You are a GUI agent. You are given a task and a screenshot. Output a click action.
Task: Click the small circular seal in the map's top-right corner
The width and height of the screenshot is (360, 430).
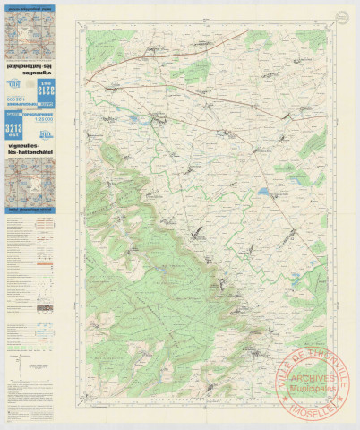pyautogui.click(x=341, y=15)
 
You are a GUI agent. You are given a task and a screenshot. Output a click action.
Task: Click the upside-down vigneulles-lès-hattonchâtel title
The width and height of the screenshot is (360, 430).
pyautogui.click(x=30, y=68)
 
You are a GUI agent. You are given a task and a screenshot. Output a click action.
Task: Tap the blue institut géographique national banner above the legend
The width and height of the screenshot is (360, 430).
pyautogui.click(x=30, y=211)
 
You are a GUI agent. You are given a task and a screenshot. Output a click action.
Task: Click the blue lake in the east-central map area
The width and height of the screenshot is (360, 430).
pyautogui.click(x=263, y=191)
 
